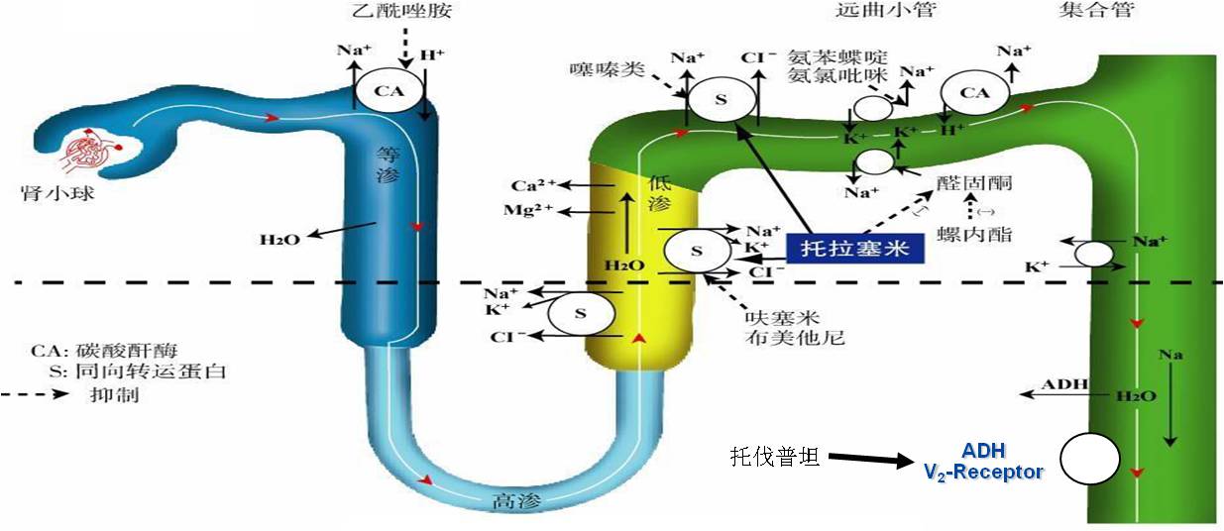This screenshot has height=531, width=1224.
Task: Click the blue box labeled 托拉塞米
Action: [x=855, y=248]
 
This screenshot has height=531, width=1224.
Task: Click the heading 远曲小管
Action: [x=872, y=11]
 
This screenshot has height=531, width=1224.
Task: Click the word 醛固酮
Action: [x=978, y=182]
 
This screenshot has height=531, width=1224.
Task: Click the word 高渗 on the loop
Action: [x=512, y=502]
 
